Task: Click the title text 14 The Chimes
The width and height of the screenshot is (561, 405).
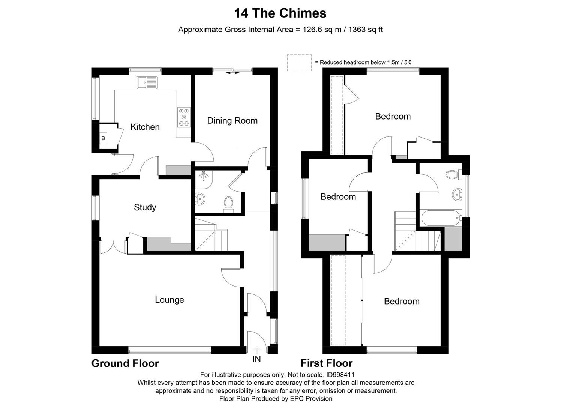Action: click(x=280, y=13)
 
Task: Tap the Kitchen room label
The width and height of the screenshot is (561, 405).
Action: click(x=145, y=127)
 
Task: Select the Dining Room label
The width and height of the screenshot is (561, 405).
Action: click(x=232, y=121)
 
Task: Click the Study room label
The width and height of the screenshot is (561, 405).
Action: click(x=145, y=207)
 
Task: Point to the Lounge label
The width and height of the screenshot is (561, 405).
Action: click(x=169, y=300)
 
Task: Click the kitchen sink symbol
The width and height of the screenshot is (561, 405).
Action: click(x=147, y=82)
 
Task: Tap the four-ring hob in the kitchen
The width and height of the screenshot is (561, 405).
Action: click(x=184, y=117)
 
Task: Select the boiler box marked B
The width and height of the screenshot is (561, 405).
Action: click(x=103, y=138)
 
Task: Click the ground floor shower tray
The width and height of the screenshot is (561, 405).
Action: click(x=203, y=179)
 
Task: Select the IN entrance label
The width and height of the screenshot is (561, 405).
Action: click(x=256, y=359)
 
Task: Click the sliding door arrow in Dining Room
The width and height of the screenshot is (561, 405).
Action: click(x=232, y=72)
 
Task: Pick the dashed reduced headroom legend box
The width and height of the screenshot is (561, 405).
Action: click(x=299, y=63)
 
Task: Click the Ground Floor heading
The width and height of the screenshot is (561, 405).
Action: click(x=125, y=363)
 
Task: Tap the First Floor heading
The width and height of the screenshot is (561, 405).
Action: click(x=326, y=363)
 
